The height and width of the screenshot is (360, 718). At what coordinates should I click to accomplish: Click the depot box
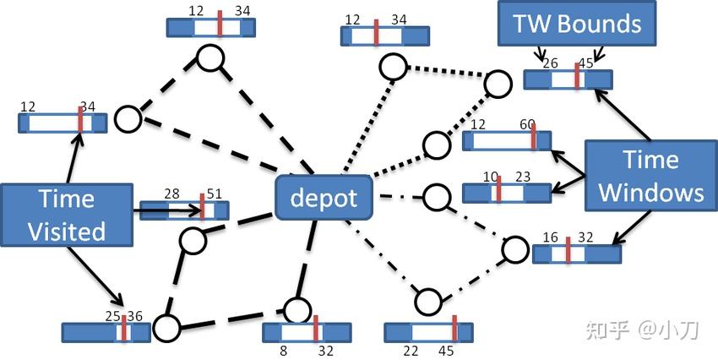click(324, 199)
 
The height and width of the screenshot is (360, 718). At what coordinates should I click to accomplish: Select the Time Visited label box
click(67, 215)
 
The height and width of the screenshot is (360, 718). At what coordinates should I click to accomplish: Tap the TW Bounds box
click(576, 24)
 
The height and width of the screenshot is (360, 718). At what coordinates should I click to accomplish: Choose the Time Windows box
click(650, 176)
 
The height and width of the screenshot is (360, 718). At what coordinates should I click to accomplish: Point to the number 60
click(527, 124)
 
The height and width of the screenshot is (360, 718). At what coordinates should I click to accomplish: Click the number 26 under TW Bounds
click(550, 63)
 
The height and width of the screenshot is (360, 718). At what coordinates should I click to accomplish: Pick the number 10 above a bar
click(492, 176)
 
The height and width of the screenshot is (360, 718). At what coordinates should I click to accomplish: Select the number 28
click(172, 194)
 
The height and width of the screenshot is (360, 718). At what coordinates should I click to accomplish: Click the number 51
click(214, 194)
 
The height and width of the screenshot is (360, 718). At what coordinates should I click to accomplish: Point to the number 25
click(113, 316)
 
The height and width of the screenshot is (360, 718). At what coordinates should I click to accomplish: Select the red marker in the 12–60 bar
click(533, 139)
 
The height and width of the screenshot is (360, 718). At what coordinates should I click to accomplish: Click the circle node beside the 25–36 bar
click(167, 326)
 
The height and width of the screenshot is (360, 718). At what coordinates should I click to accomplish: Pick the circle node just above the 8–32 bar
click(298, 309)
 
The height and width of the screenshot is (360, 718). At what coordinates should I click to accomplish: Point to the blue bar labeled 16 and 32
click(576, 253)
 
